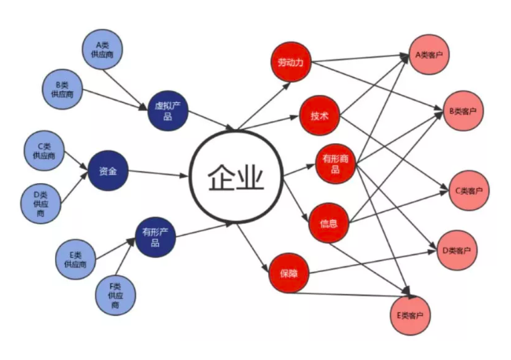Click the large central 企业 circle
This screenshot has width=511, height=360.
pos(237,177)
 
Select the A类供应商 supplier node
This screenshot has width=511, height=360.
pos(102,50)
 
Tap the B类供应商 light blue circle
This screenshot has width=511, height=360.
pos(62,89)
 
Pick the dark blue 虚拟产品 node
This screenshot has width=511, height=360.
pos(167,111)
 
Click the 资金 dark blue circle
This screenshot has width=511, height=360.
pos(108,171)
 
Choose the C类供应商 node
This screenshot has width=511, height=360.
pos(44,150)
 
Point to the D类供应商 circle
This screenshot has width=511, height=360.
pos(41,204)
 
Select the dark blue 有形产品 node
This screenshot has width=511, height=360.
pos(156,237)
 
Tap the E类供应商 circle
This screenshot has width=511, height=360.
pos(75,259)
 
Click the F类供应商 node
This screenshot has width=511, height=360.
pos(116,296)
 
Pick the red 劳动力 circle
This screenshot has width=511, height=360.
pos(291,61)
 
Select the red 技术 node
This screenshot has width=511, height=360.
pos(319,116)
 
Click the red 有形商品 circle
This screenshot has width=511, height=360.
pos(336,163)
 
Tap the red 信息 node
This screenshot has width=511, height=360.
pos(329,223)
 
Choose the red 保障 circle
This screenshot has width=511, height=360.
pos(289,273)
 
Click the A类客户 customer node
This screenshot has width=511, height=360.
pos(429,54)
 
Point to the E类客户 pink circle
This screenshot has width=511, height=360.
pos(410,315)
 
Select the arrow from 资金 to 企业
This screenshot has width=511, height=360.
pos(159,174)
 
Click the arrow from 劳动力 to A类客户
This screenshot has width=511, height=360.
pos(360,58)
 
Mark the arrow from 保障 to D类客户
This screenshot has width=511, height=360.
pos(373,262)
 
